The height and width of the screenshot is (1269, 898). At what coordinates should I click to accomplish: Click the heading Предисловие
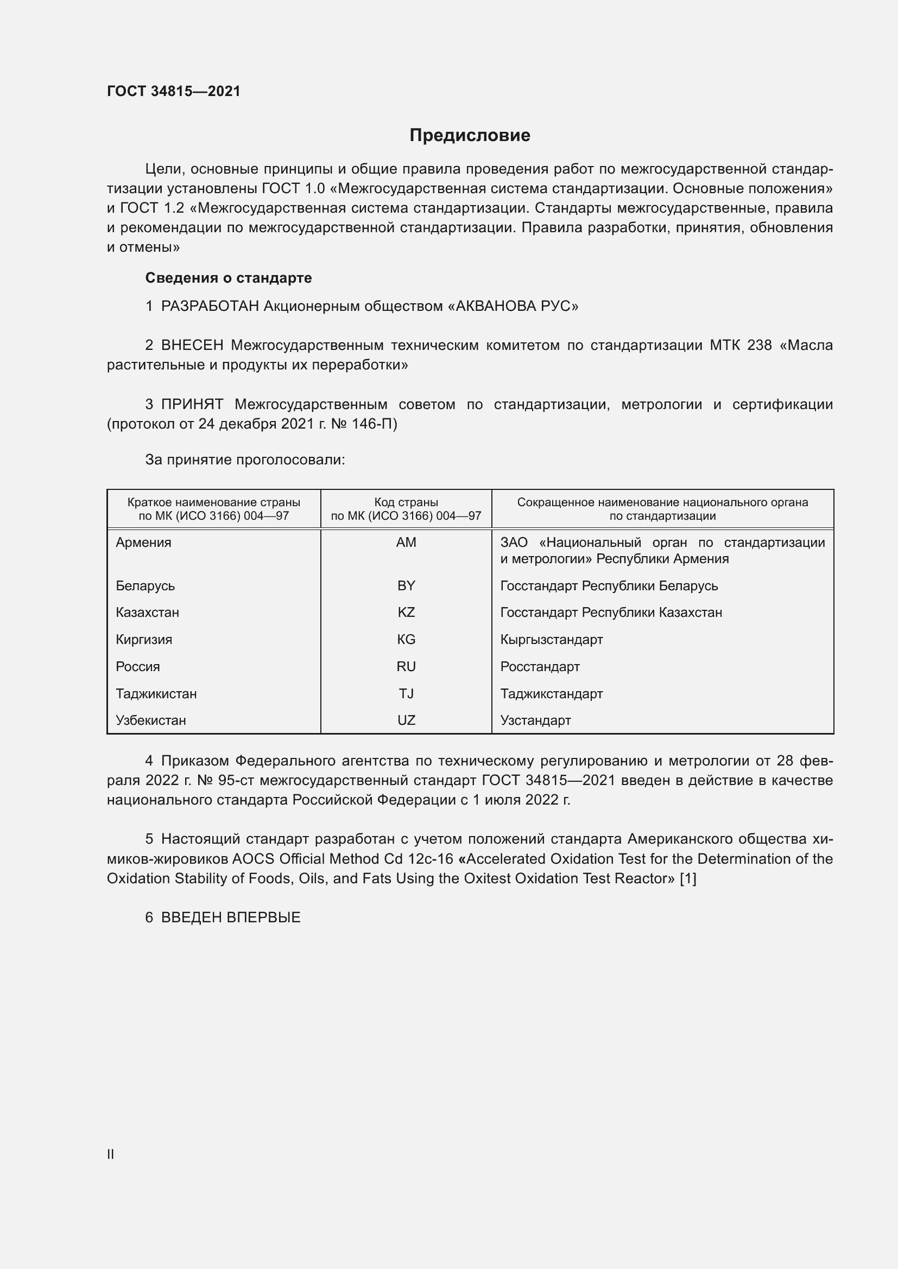click(470, 136)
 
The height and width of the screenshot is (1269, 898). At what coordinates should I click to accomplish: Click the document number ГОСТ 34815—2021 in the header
click(174, 91)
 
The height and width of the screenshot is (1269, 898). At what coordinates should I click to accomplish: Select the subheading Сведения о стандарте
click(229, 278)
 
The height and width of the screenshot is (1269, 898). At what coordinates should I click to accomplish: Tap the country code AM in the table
click(406, 543)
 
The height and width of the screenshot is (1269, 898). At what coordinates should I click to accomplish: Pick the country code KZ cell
click(406, 613)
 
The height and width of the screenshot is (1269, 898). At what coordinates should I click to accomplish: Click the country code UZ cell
click(406, 720)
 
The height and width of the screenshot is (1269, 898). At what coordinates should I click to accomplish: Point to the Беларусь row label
click(145, 586)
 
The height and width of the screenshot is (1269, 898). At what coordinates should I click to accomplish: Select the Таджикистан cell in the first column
click(156, 694)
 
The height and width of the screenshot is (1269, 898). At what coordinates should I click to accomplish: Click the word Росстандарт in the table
click(540, 667)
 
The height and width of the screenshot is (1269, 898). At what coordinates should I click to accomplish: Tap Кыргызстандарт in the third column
click(551, 640)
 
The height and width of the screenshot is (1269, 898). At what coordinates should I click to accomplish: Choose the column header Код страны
click(406, 502)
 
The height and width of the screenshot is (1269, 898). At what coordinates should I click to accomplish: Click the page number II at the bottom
click(111, 1154)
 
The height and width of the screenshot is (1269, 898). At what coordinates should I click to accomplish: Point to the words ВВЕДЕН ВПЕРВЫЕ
click(231, 917)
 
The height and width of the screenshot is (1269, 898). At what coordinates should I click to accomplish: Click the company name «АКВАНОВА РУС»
click(512, 306)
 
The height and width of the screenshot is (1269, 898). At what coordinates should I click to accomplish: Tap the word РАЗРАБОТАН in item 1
click(210, 306)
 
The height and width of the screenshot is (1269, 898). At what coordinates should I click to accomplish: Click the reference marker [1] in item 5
click(687, 878)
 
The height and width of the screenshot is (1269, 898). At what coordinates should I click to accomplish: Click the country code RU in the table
click(406, 667)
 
